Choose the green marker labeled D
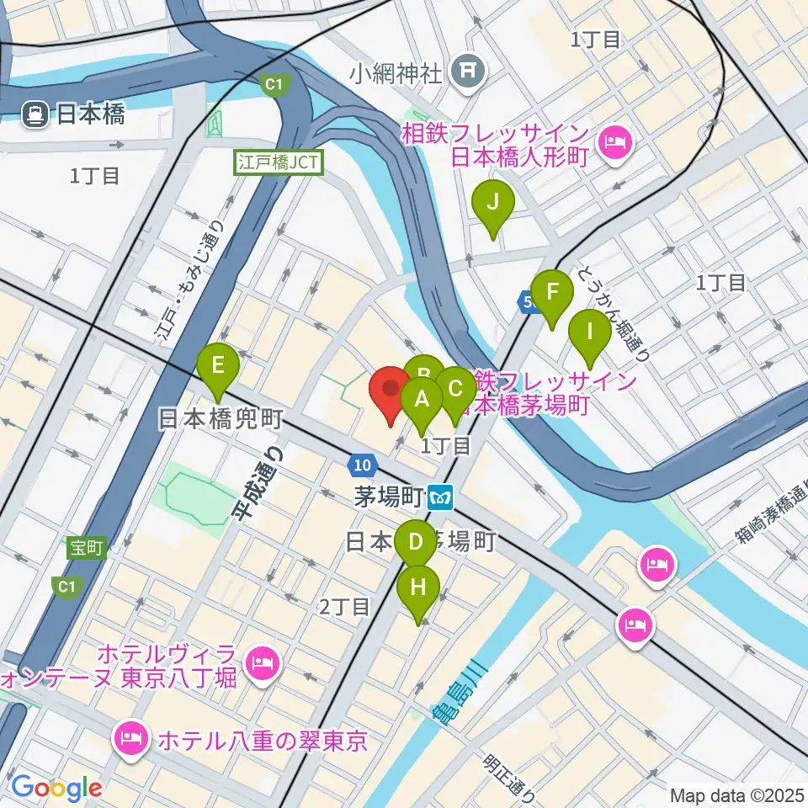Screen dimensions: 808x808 415,543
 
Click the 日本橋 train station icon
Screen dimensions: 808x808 35,114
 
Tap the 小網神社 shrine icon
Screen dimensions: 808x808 464,72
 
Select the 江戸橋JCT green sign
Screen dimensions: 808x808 279,162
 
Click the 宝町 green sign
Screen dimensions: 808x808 86,548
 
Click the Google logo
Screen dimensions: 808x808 56,788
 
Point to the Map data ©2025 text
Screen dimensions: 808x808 737,795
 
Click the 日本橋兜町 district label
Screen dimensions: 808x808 221,418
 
